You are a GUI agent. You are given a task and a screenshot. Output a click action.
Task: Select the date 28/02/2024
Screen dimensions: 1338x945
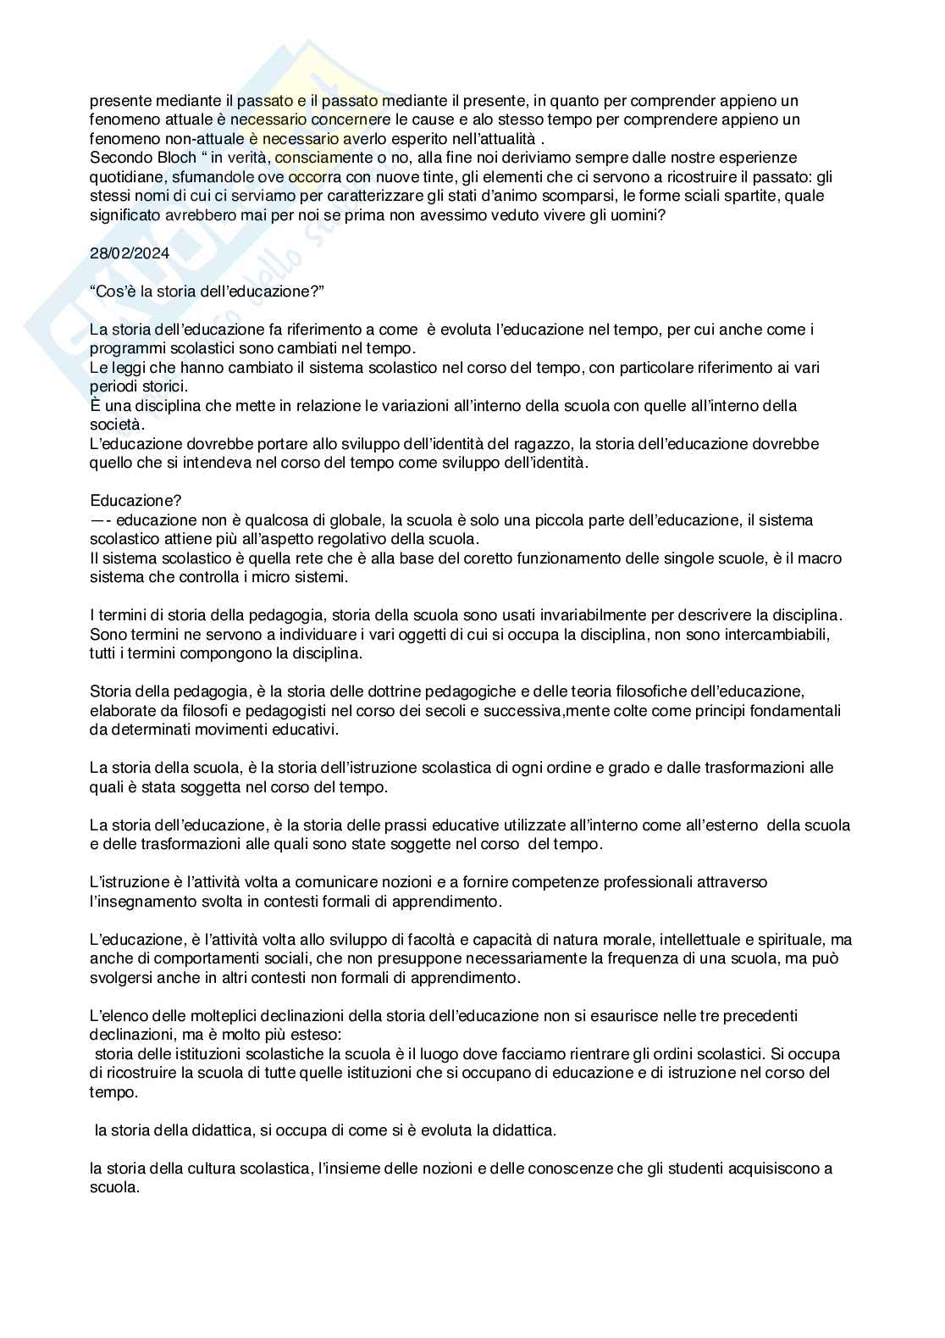[130, 253]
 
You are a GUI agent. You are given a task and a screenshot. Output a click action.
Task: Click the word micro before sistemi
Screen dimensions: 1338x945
[270, 577]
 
